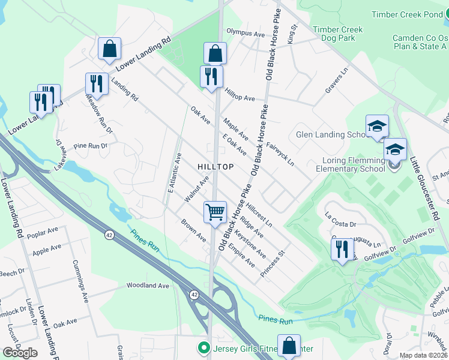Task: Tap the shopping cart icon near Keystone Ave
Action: point(215,212)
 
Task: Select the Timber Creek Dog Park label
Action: point(337,34)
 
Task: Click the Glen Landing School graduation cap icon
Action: point(377,126)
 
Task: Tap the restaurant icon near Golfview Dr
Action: point(342,249)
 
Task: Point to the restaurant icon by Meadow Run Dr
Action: point(96,84)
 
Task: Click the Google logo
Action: point(20,353)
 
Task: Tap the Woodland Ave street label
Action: point(148,286)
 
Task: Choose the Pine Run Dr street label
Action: point(90,146)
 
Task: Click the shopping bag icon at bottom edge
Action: point(289,346)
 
